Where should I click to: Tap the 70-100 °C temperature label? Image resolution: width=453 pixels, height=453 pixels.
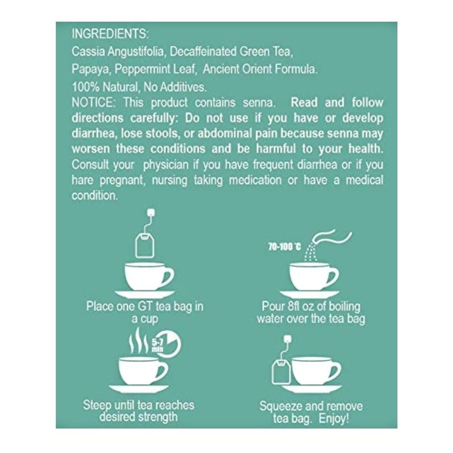click(x=284, y=247)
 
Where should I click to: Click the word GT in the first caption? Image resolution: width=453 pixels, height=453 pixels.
click(x=142, y=306)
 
